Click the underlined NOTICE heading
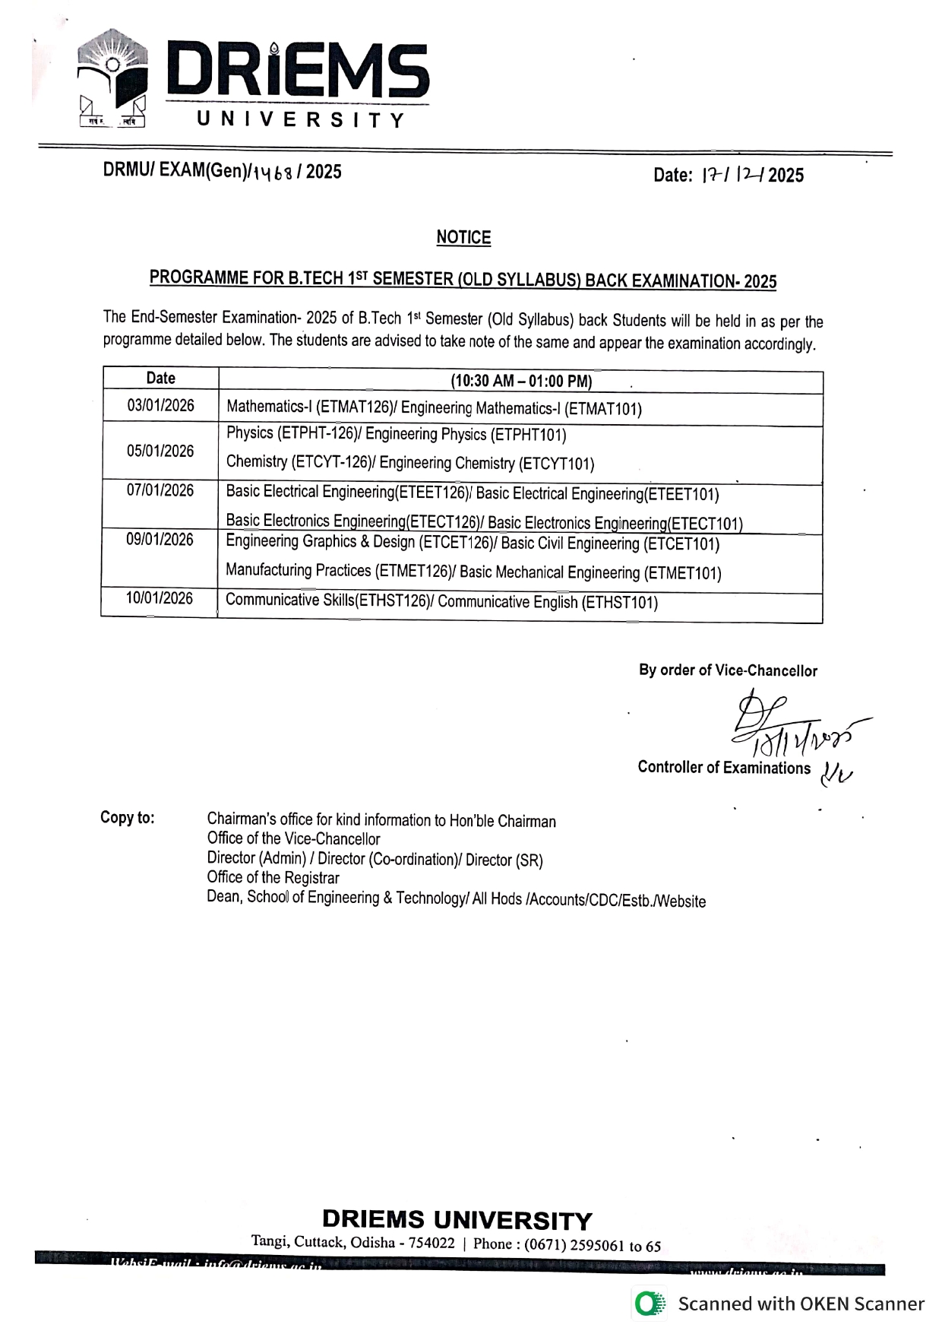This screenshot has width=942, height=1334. tap(463, 238)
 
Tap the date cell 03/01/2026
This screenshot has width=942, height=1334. tap(160, 406)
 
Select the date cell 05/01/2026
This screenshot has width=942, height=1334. tap(160, 452)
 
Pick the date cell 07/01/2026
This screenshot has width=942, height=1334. tap(160, 491)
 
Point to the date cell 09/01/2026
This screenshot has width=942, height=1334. tap(160, 540)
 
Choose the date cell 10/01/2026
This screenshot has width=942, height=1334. tap(160, 599)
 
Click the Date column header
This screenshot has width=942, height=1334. tap(160, 379)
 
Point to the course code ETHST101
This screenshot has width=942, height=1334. tap(618, 603)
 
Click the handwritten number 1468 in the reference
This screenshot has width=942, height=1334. tap(273, 173)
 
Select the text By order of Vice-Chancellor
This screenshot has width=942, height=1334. tap(728, 670)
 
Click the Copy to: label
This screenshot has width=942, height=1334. tap(127, 818)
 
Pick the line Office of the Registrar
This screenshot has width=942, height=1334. tap(273, 878)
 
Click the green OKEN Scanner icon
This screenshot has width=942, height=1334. tap(650, 1304)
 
